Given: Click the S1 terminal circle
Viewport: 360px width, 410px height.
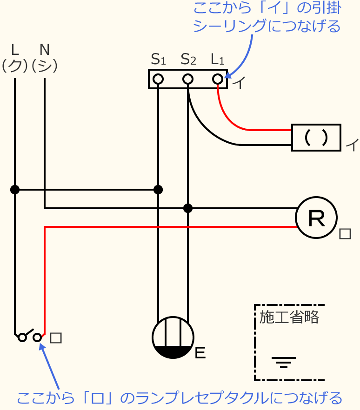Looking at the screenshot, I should click(x=158, y=79).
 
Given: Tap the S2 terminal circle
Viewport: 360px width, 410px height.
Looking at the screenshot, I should click(x=188, y=79).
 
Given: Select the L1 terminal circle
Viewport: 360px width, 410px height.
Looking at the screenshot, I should click(x=218, y=79).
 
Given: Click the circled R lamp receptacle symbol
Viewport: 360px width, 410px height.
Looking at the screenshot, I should click(x=316, y=218).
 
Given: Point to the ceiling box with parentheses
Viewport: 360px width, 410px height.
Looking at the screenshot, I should click(x=316, y=138).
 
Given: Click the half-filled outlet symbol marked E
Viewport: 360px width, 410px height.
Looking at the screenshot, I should click(x=173, y=337).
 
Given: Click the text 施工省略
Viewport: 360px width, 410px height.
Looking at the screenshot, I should click(x=289, y=317).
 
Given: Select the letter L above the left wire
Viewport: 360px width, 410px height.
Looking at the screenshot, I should click(x=15, y=49).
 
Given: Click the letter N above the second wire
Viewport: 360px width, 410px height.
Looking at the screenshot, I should click(x=45, y=49).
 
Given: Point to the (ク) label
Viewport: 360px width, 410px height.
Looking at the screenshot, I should click(x=15, y=66).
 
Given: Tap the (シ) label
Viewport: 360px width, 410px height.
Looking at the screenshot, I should click(x=45, y=66).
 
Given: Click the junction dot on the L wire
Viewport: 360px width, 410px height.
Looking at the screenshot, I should click(x=15, y=190).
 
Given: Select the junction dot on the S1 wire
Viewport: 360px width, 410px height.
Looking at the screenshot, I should click(x=158, y=190).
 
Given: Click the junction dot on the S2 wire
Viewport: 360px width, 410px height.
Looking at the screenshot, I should click(x=188, y=208).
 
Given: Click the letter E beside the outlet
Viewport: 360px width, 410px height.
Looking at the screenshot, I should click(x=200, y=354).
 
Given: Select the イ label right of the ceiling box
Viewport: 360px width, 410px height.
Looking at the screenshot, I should click(x=352, y=145).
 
